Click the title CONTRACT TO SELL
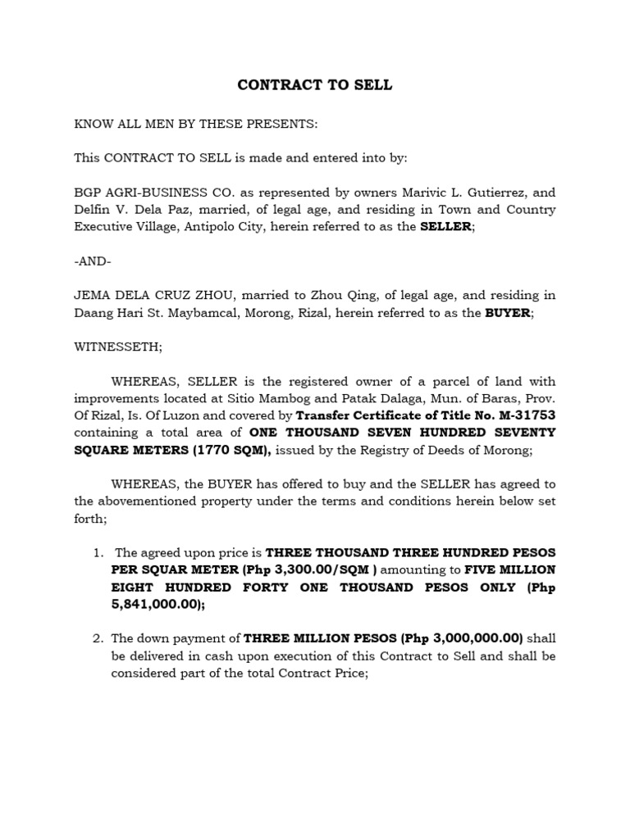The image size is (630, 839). (x=315, y=85)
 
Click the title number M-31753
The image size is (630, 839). (x=526, y=415)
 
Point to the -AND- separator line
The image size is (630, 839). (x=92, y=261)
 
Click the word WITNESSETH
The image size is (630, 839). (x=118, y=347)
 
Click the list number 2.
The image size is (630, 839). (x=98, y=638)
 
